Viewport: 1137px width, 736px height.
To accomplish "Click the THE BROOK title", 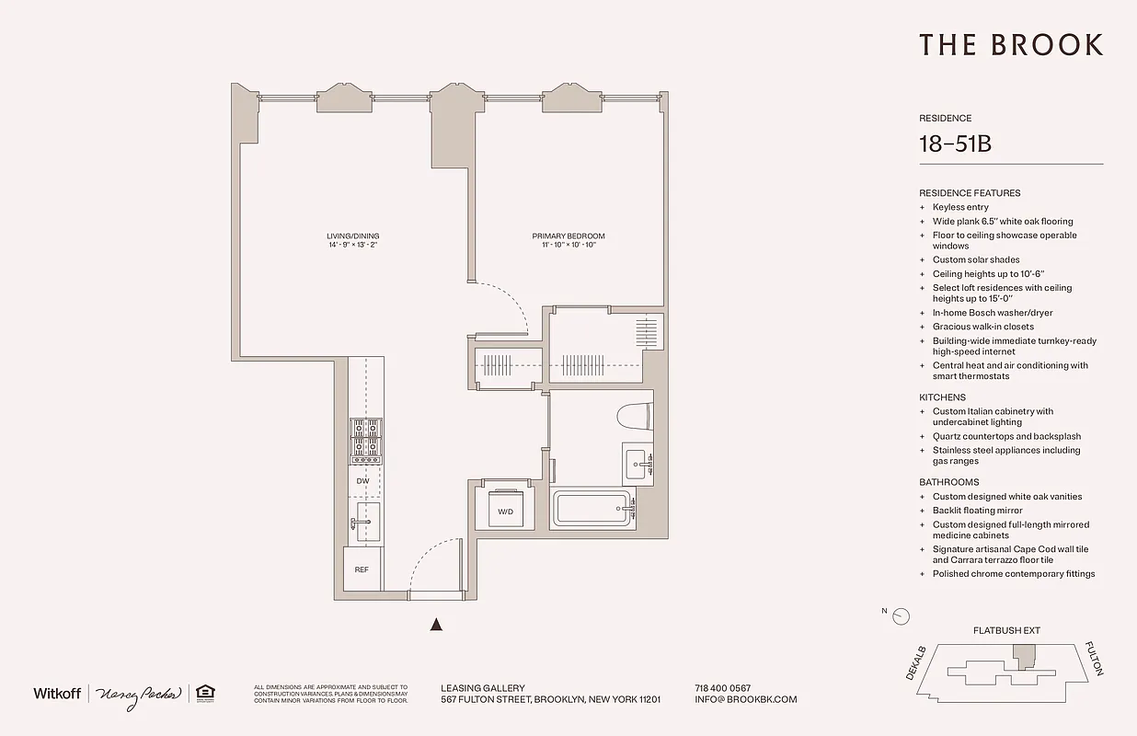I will point(1010,45).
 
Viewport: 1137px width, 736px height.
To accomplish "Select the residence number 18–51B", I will point(954,144).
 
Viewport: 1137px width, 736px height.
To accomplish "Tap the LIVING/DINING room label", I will point(352,236).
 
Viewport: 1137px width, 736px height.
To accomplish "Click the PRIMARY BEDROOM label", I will point(568,236).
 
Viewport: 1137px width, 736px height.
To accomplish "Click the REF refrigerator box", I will point(362,569).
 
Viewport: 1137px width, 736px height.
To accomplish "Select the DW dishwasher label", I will point(362,480).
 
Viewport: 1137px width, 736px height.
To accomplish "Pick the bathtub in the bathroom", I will point(593,509).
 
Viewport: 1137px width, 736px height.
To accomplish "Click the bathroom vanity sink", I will point(637,463).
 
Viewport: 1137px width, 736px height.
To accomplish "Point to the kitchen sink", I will point(366,520).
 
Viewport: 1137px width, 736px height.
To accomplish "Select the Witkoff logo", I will point(57,693).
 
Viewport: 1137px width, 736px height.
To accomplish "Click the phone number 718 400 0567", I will point(722,688).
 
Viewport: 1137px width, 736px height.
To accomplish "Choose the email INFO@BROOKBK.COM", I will point(745,699).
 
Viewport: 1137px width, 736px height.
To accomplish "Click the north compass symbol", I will point(901,616).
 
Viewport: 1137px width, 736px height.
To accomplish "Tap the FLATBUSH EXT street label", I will point(1006,631).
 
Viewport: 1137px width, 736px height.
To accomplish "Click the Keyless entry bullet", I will point(959,207).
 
